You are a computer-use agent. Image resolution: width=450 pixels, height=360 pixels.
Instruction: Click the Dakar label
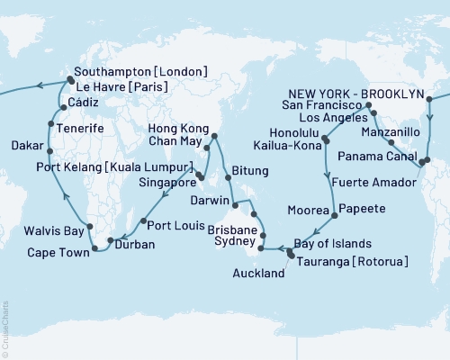(29, 144)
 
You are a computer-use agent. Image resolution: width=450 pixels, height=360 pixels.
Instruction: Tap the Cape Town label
(49, 253)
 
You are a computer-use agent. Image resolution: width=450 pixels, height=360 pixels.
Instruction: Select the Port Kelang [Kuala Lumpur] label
(113, 167)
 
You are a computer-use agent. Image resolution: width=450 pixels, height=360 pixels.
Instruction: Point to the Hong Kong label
(170, 129)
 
